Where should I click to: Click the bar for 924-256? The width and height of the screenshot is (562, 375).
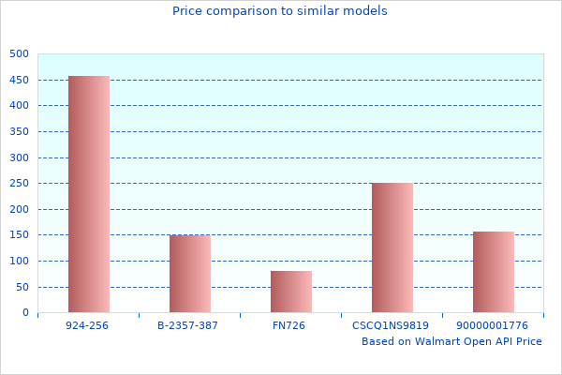coord(89,194)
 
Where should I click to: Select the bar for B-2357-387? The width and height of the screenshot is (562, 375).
coord(190,274)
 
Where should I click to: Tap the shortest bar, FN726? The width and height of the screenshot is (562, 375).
coord(291,292)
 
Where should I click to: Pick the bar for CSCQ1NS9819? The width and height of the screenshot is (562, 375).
coord(392,247)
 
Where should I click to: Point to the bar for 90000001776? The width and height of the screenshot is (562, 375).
coord(494,272)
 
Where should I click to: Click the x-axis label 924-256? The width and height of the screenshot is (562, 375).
coord(89,325)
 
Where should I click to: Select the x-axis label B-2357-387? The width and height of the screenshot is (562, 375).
coord(190,325)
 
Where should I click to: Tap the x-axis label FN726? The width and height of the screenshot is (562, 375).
coord(291,325)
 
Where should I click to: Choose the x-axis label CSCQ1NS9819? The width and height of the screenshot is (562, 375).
coord(392,325)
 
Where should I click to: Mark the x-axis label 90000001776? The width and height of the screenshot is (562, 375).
coord(494,325)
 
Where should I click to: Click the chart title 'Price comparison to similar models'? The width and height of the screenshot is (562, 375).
coord(280,11)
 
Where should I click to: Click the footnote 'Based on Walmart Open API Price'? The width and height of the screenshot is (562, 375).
coord(451,341)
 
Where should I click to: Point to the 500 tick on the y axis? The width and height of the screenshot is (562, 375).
coord(20,54)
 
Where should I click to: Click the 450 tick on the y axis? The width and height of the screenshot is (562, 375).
coord(20,80)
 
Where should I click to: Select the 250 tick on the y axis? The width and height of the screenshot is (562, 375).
coord(20,184)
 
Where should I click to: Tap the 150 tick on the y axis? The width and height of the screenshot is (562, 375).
coord(20,235)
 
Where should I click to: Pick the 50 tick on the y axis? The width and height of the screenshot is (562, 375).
coord(22,287)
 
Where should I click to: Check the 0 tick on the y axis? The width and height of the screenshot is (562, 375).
coord(25,313)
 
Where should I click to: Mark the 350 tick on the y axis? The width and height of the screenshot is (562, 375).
coord(20,132)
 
